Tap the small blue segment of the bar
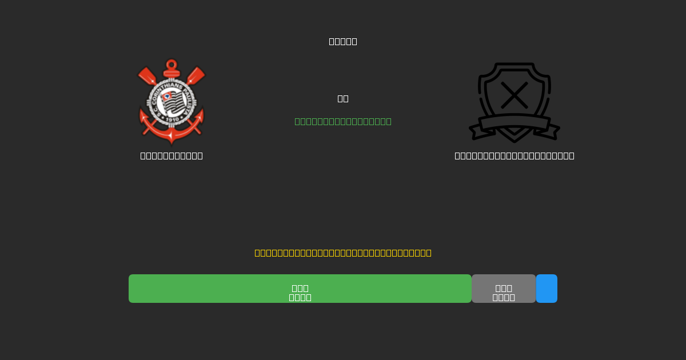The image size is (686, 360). (547, 289)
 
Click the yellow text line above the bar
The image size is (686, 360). (343, 253)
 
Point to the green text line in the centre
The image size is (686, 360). (343, 121)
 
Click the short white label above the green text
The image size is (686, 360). (343, 98)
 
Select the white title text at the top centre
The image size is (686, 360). (343, 41)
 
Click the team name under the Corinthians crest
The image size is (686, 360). (171, 155)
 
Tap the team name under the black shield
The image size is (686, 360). (514, 155)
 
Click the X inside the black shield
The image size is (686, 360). (514, 95)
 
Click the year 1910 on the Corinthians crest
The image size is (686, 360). (171, 119)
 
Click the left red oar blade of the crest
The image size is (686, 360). (146, 75)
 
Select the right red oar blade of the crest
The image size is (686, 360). (197, 75)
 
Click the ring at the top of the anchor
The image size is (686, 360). (171, 64)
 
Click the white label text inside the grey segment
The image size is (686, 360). (504, 293)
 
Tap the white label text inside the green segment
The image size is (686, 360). (300, 293)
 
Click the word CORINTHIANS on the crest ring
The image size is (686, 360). (166, 86)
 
